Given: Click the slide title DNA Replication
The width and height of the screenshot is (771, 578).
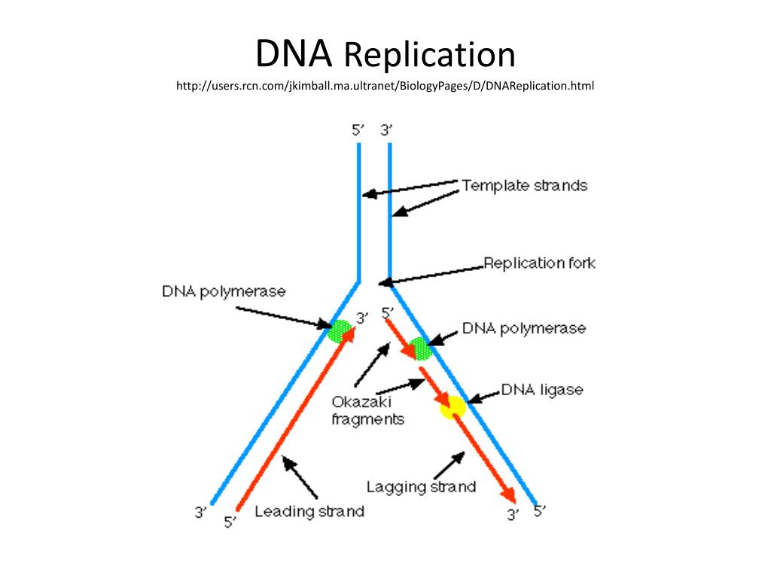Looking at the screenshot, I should click(385, 55).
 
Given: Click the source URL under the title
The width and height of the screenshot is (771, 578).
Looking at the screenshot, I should click(385, 87).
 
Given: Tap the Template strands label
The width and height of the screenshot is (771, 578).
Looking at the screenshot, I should click(524, 185).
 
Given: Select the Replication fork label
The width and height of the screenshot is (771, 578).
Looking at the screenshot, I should click(539, 263).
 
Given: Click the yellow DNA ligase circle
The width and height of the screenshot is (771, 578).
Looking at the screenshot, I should click(453, 407).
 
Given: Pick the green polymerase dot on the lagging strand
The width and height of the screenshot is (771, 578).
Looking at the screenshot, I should click(420, 348).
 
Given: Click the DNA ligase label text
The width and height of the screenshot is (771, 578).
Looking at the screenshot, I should click(542, 390).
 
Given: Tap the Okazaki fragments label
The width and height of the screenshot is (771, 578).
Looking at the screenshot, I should click(367, 411).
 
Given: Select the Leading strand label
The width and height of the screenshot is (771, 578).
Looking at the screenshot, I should click(309, 512).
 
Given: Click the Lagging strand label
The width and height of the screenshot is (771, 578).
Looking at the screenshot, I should click(421, 487).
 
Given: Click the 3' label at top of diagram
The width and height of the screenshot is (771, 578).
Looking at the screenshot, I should click(387, 129).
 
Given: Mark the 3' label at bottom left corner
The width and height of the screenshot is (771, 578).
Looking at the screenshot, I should click(200, 513).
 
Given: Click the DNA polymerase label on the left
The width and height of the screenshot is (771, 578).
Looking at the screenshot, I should click(224, 291).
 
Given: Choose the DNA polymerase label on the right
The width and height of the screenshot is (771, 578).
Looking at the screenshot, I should click(523, 328).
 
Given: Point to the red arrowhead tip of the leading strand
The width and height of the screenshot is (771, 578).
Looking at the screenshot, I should click(350, 332).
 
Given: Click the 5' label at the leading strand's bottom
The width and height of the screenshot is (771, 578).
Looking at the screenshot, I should click(230, 522).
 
